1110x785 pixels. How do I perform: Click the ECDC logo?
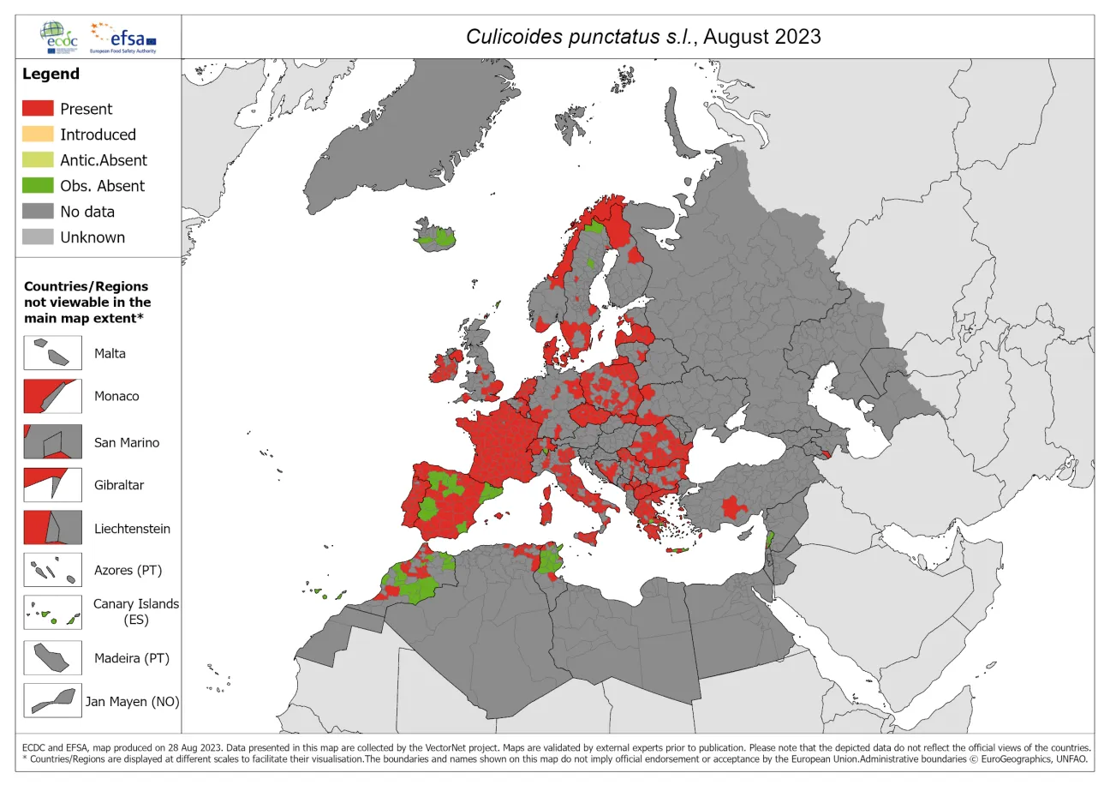(x=57, y=37)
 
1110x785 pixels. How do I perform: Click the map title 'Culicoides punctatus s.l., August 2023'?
(x=642, y=36)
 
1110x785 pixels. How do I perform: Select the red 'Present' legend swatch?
(x=37, y=109)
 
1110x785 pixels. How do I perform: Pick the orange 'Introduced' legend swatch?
(x=37, y=135)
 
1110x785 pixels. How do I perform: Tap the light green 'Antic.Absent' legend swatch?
(x=37, y=160)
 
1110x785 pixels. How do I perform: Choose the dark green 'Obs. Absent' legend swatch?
(x=37, y=186)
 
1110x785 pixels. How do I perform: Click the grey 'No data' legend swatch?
(x=37, y=212)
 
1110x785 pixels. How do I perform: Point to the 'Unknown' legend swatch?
(x=37, y=237)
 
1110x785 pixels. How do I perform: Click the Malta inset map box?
(x=52, y=352)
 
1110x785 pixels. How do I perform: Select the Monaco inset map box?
(x=52, y=396)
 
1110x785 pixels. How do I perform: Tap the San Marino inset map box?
(x=52, y=442)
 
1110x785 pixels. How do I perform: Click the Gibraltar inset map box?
(x=52, y=484)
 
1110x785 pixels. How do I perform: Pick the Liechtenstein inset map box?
(x=52, y=528)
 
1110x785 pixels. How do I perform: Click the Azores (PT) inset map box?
(x=52, y=570)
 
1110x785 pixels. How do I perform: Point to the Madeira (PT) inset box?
(x=52, y=658)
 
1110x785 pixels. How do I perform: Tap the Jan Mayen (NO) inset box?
(x=52, y=701)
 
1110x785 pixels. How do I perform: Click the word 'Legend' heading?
(x=51, y=75)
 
